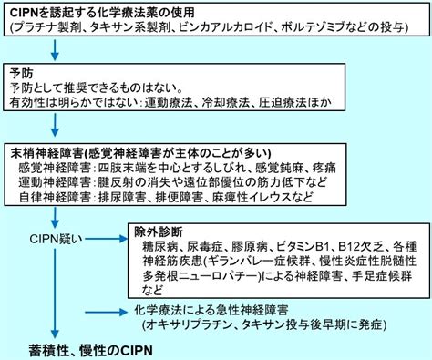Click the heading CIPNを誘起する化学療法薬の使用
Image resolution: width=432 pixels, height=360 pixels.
click(102, 13)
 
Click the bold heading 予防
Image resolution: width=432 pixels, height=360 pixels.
click(21, 74)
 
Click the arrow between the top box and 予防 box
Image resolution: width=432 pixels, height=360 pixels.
click(55, 49)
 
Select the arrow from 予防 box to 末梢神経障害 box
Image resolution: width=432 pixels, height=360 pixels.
click(55, 125)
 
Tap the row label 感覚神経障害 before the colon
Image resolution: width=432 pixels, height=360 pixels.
click(55, 168)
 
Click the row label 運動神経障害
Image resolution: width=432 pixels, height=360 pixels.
click(55, 182)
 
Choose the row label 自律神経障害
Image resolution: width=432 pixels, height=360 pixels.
click(55, 197)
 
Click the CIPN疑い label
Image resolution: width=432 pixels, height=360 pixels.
click(56, 239)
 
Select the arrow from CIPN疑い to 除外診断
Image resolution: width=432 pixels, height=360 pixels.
click(106, 239)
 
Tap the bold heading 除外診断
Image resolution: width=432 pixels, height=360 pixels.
click(159, 232)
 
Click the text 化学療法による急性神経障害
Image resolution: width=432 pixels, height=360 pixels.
click(211, 311)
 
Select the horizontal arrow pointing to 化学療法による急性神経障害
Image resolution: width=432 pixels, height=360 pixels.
click(106, 312)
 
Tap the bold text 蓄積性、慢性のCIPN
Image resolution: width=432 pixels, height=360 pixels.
click(91, 351)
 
